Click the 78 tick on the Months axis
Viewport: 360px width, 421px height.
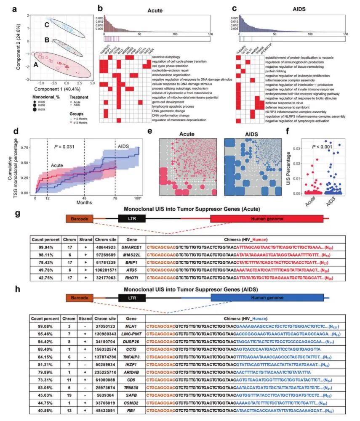point(116,198)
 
